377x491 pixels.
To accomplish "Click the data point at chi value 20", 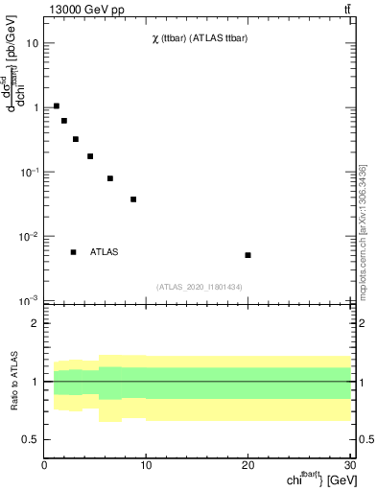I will point(247,255).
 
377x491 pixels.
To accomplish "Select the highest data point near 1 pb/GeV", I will point(57,105).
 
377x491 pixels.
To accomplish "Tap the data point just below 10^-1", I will point(110,178).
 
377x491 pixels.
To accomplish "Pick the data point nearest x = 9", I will point(133,199).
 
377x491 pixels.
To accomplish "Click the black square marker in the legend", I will point(73,252).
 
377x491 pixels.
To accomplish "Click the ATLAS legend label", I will point(105,252).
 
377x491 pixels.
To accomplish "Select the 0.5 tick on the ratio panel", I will point(30,439).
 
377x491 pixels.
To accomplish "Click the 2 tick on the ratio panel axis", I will point(35,323).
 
